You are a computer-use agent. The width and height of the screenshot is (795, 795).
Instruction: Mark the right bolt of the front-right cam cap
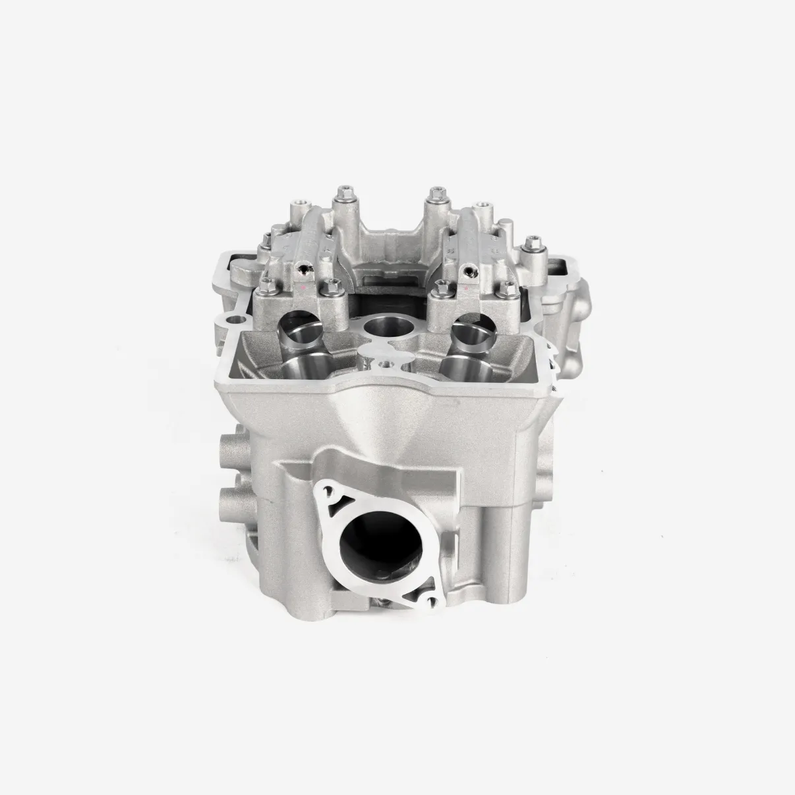click(x=508, y=286)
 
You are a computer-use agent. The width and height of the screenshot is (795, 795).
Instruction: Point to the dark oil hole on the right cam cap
click(x=469, y=270)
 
